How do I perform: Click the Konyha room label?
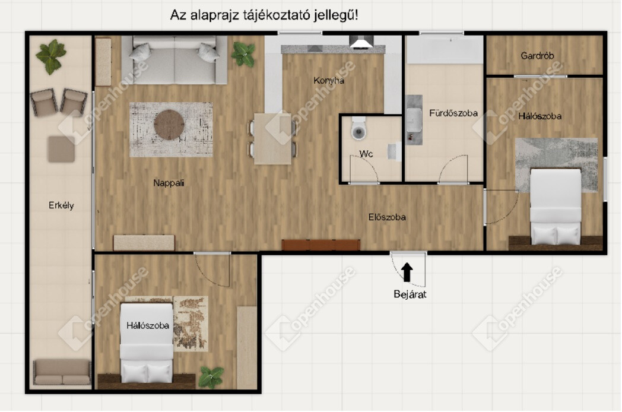[328, 81]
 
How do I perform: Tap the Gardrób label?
[537, 56]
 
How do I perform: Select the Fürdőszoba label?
[453, 113]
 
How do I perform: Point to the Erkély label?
[61, 205]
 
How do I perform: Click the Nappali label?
[169, 183]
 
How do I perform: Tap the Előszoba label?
[387, 217]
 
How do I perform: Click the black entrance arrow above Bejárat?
[407, 272]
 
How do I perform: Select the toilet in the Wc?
[358, 128]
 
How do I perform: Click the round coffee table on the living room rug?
[169, 125]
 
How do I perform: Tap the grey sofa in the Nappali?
[174, 60]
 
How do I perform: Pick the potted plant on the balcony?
[51, 56]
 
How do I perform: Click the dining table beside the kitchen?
[273, 139]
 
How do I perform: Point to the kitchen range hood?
[361, 42]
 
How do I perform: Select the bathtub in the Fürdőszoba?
[444, 49]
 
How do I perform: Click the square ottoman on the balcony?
[62, 149]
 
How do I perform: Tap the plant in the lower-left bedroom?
[211, 376]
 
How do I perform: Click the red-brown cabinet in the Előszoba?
[321, 245]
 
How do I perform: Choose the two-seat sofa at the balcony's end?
[62, 372]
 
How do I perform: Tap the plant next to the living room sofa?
[243, 53]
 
